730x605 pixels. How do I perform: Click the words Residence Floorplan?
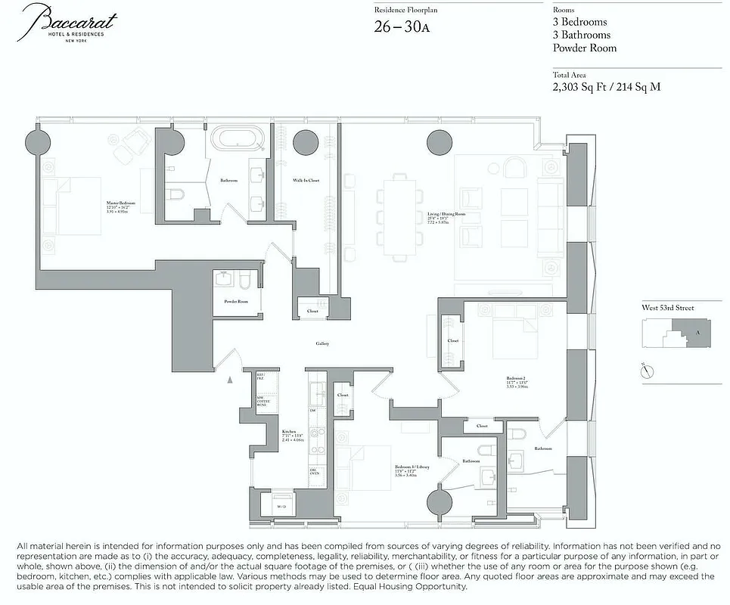[x=405, y=10]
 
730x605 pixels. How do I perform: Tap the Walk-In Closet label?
[x=306, y=181]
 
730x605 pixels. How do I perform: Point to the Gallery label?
[x=322, y=344]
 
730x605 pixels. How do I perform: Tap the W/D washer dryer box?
[x=272, y=506]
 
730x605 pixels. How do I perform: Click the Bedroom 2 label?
[x=517, y=377]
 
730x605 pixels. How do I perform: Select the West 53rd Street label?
[x=666, y=308]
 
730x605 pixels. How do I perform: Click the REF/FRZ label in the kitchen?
[x=261, y=376]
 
